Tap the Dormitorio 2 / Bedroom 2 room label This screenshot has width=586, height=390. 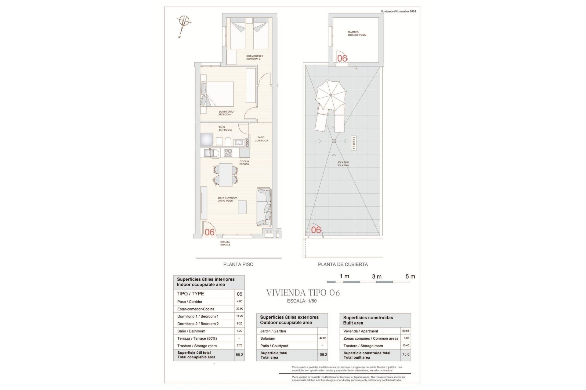point(254,57)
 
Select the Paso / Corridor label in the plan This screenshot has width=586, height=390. point(261,139)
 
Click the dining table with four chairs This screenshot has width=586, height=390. point(226,175)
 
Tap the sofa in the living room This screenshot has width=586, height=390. point(264,207)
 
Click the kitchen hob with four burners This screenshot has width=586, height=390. point(228,152)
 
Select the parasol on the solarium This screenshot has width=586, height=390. point(331,96)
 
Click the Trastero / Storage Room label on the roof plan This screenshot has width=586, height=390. point(356,34)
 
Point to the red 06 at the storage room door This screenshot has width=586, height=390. point(342,58)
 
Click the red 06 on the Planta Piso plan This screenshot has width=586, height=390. point(210,232)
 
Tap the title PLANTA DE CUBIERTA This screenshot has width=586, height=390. point(343,264)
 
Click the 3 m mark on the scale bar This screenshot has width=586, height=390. point(377,276)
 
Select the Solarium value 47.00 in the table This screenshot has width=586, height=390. point(322,338)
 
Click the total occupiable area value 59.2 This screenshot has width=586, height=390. point(239,355)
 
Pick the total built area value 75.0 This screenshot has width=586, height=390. point(406,355)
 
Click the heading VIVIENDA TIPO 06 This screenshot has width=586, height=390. point(303,293)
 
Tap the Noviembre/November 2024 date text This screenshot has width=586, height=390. point(398,11)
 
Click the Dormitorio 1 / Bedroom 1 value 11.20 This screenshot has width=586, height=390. point(239,316)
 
